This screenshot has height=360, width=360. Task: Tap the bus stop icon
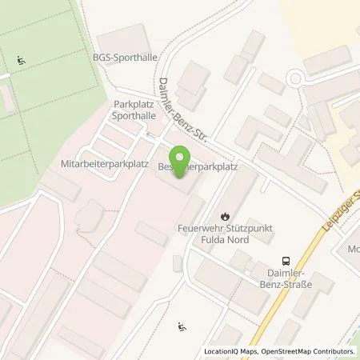(x=285, y=260)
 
